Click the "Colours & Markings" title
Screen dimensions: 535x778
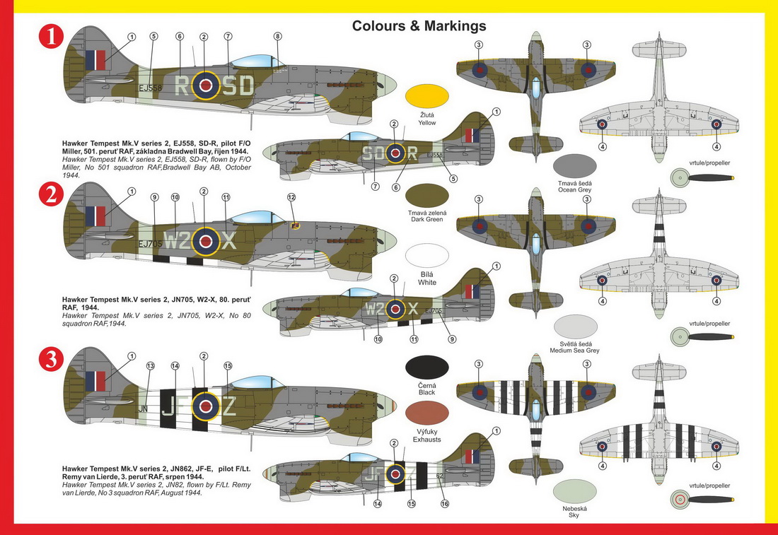click(x=419, y=26)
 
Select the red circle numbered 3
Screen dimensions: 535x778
click(x=51, y=360)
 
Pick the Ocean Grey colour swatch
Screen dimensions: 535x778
click(x=574, y=165)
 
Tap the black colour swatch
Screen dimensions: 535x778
click(x=427, y=368)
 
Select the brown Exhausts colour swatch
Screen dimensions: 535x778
click(x=427, y=413)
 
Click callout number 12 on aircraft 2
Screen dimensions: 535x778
click(x=291, y=197)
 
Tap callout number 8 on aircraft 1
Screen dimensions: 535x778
click(x=277, y=36)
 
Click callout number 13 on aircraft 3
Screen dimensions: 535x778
click(x=150, y=366)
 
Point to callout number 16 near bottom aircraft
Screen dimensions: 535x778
click(x=444, y=504)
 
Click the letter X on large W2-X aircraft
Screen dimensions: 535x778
click(x=228, y=241)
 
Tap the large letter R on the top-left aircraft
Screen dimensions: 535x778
click(x=181, y=86)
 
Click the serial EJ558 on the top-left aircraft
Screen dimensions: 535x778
click(x=150, y=88)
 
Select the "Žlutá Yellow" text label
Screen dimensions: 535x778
click(x=427, y=118)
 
